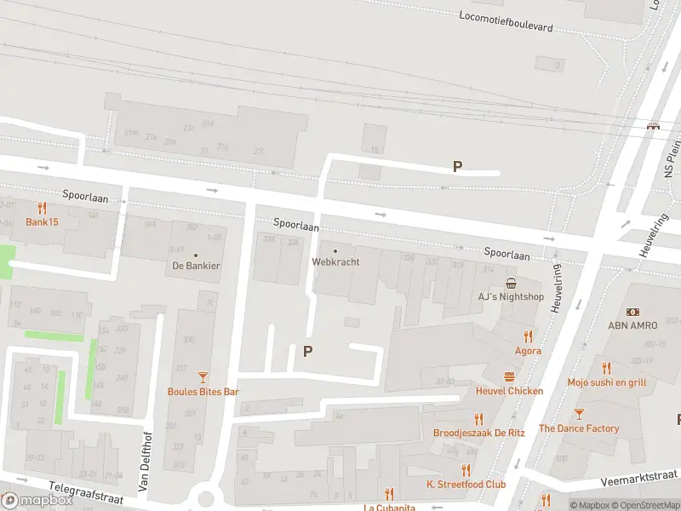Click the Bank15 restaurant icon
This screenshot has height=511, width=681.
[42, 208]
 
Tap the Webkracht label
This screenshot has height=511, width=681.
[335, 262]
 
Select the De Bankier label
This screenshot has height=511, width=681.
[196, 266]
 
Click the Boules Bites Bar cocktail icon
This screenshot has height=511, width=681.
[203, 377]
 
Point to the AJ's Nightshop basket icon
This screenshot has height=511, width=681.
[511, 283]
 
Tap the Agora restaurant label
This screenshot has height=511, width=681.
[528, 350]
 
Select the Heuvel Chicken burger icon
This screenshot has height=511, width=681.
[509, 376]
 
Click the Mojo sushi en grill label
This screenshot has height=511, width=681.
[606, 382]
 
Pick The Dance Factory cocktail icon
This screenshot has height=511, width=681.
[579, 414]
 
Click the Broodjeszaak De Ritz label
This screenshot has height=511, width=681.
[478, 433]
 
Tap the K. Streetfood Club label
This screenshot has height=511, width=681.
[466, 484]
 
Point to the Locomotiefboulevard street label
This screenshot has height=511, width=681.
[506, 21]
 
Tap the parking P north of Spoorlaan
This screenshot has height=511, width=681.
[457, 167]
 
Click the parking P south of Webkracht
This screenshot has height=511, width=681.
[307, 351]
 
